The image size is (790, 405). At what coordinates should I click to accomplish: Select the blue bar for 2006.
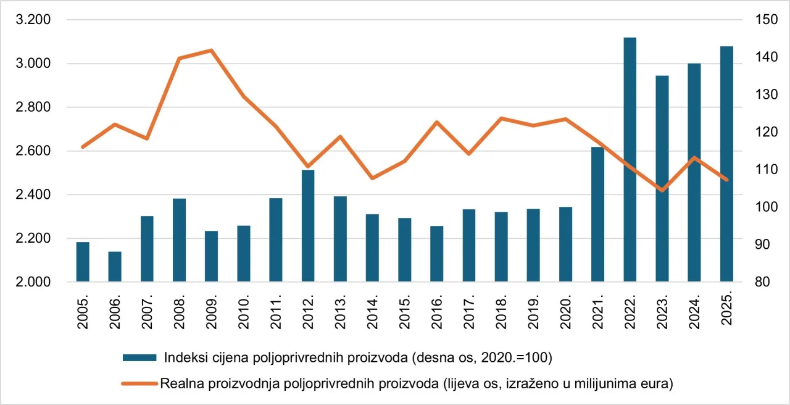coord(115,267)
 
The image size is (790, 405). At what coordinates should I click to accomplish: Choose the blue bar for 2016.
coord(437,254)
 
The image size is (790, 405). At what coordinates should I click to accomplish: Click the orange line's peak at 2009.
coord(211,50)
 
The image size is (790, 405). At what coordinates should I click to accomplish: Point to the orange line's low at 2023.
coord(662,190)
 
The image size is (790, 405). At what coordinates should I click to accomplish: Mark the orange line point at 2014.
coord(372,178)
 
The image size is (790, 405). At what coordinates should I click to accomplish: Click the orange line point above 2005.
coord(83,147)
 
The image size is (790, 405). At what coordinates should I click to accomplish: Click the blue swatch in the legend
coord(140,357)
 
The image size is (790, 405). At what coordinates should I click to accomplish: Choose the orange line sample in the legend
coord(140,383)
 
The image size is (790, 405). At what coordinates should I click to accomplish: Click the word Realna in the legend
coord(180,383)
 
